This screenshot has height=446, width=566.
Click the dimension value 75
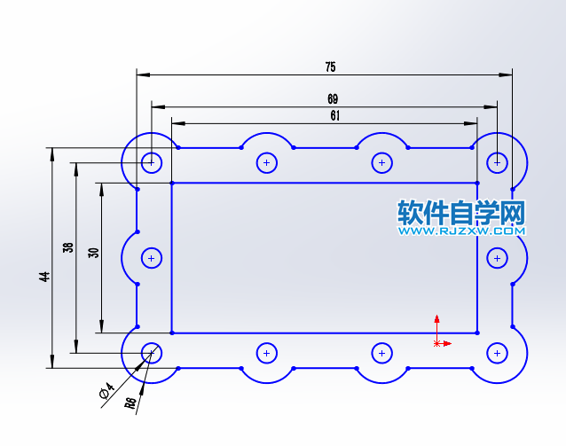click(330, 67)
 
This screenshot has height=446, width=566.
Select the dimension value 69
click(333, 99)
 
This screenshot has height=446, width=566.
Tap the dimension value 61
click(334, 114)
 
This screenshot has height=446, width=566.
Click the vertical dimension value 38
click(68, 248)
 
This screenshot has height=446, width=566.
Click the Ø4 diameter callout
click(105, 390)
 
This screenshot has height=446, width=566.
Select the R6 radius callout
click(130, 403)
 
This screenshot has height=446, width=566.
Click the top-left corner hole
click(152, 162)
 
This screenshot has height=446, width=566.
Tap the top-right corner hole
click(498, 162)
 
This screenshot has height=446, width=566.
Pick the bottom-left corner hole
click(152, 353)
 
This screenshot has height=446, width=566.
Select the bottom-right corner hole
click(498, 353)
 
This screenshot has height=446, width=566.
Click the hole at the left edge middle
click(152, 258)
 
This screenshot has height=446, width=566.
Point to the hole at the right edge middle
click(498, 258)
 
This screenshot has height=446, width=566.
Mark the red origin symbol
click(436, 341)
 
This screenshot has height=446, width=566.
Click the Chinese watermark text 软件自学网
click(461, 213)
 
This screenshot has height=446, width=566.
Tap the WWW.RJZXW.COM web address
click(461, 231)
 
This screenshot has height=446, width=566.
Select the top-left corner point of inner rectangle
click(170, 183)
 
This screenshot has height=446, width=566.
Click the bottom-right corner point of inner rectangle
click(477, 333)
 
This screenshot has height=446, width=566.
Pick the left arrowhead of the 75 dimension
click(142, 74)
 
